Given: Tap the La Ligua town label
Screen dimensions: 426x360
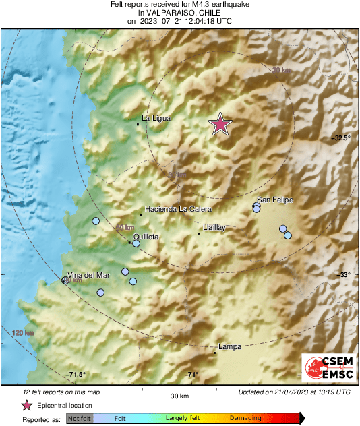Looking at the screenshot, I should tap(156, 119).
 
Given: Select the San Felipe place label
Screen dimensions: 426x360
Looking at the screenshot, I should tap(275, 200).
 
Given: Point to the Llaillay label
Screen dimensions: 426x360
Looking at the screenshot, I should tap(214, 228).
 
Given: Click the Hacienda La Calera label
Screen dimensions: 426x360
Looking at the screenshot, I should tap(178, 209).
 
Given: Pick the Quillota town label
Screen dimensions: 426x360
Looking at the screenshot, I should tap(146, 237).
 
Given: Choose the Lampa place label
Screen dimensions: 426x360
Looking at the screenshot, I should tap(230, 346).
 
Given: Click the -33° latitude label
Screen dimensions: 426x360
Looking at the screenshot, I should tap(344, 274).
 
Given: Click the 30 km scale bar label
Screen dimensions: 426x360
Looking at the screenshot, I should tap(179, 395).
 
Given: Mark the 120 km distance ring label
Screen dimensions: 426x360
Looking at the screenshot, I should tap(22, 333).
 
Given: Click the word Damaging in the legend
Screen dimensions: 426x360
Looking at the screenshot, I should tap(245, 419).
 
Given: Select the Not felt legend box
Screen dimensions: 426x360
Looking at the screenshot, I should tap(80, 419).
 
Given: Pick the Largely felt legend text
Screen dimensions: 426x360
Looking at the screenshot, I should tap(183, 419).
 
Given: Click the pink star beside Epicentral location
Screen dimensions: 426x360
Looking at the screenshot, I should tap(26, 406).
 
